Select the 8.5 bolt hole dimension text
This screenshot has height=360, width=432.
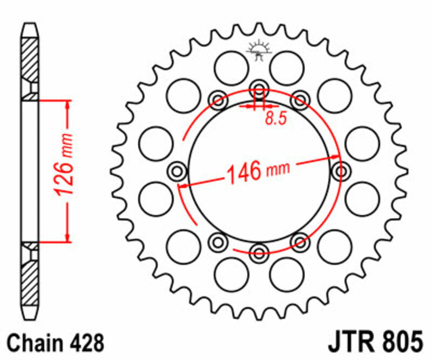275,119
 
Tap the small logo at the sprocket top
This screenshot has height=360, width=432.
258,50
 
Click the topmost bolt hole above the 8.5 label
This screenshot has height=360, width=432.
259,89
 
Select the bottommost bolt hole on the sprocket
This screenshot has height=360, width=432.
259,251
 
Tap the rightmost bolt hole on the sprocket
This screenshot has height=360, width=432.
341,172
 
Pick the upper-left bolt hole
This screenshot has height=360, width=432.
218,99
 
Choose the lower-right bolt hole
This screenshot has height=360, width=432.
299,240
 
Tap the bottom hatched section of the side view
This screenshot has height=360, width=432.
31,281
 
